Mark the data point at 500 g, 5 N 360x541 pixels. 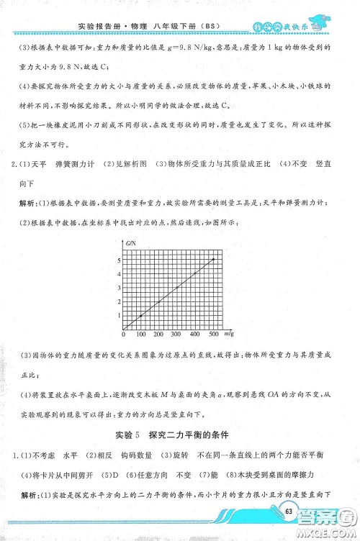pos(212,258)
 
